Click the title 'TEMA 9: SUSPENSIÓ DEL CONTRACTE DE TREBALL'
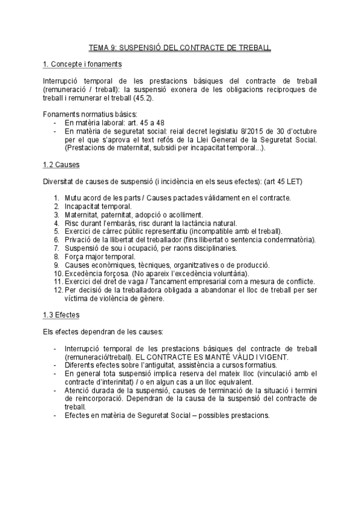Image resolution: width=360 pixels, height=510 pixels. click(180, 46)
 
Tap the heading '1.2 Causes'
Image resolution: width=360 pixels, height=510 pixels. click(62, 164)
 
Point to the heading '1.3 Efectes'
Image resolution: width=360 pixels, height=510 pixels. click(61, 315)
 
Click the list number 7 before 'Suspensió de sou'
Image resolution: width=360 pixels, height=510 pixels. click(56, 248)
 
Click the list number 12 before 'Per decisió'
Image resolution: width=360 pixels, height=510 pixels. click(57, 290)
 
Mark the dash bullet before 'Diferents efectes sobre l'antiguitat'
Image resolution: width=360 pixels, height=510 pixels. click(56, 364)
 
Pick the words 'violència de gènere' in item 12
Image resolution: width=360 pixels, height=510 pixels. click(120, 298)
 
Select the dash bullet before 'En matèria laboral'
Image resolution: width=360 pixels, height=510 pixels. click(56, 122)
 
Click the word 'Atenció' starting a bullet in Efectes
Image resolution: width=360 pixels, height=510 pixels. click(78, 390)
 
